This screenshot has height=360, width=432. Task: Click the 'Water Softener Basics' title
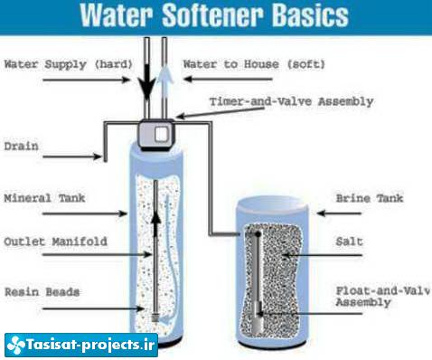click(214, 14)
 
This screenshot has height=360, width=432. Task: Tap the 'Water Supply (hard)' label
click(69, 64)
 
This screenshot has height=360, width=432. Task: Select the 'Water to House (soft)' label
click(254, 64)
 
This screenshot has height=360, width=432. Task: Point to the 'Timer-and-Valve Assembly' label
click(291, 101)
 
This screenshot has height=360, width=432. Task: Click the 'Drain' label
click(21, 147)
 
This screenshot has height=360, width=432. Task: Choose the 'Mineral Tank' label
click(44, 198)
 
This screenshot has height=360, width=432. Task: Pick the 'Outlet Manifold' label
click(55, 242)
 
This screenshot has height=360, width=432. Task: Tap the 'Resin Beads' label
click(42, 292)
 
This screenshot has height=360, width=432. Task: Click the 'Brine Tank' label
click(370, 198)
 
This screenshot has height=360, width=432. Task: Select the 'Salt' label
click(349, 242)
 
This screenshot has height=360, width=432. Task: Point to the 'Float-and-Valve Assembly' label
click(382, 297)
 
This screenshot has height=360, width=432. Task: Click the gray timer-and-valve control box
click(156, 135)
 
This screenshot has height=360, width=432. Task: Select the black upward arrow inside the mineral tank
click(155, 224)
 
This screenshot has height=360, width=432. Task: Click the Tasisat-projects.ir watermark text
click(90, 345)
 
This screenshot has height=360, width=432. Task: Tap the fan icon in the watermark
click(16, 345)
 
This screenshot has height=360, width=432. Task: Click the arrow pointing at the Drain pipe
click(72, 156)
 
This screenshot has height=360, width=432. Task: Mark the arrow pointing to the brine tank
click(339, 213)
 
